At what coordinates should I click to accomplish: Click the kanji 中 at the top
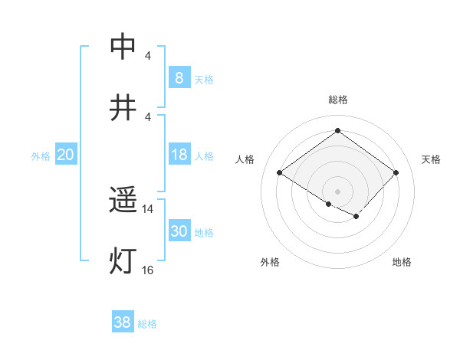pos(123,47)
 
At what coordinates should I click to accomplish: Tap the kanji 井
pos(123,107)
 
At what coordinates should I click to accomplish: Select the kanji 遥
pos(123,201)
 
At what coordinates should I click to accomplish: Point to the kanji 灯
pos(123,261)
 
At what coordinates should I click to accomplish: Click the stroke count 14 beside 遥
pos(148,208)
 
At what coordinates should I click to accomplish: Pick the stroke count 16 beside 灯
pos(148,270)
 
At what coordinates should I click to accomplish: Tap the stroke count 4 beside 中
pos(148,56)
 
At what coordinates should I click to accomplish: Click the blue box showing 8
pos(179,78)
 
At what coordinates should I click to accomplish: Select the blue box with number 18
pos(179,155)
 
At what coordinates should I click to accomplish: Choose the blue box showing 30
pos(179,231)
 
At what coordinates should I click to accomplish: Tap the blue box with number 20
pos(66,155)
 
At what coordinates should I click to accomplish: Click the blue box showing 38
pos(123,322)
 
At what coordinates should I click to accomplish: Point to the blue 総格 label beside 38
pos(147,324)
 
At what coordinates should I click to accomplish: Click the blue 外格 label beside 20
pos(41,156)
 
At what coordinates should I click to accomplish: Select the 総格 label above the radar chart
pos(338,100)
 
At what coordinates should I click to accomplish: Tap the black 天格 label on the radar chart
pos(431,159)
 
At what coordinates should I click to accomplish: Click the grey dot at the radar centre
pos(338,191)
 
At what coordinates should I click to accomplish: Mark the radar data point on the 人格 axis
pos(280,173)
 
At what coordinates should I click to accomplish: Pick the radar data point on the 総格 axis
pos(338,130)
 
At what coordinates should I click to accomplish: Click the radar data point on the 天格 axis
pos(396,173)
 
